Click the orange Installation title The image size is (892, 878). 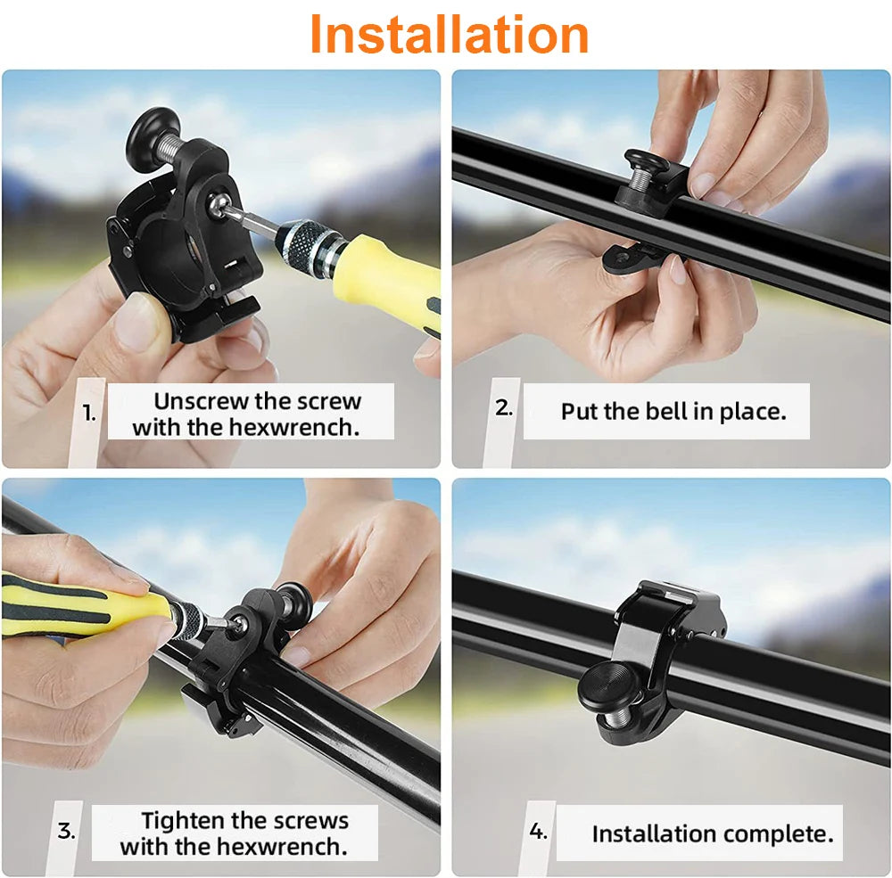pos(449,35)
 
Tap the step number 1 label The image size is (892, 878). pos(89,413)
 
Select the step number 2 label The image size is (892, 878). pos(504,408)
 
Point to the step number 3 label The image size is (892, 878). pos(67,832)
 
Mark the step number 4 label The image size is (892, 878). pos(538,832)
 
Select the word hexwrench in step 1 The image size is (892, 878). pos(294,427)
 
